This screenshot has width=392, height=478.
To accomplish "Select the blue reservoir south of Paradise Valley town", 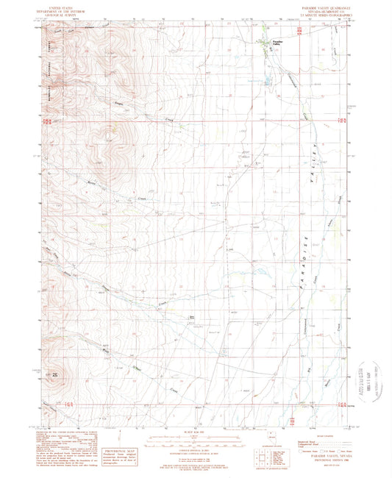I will click(266, 81).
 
